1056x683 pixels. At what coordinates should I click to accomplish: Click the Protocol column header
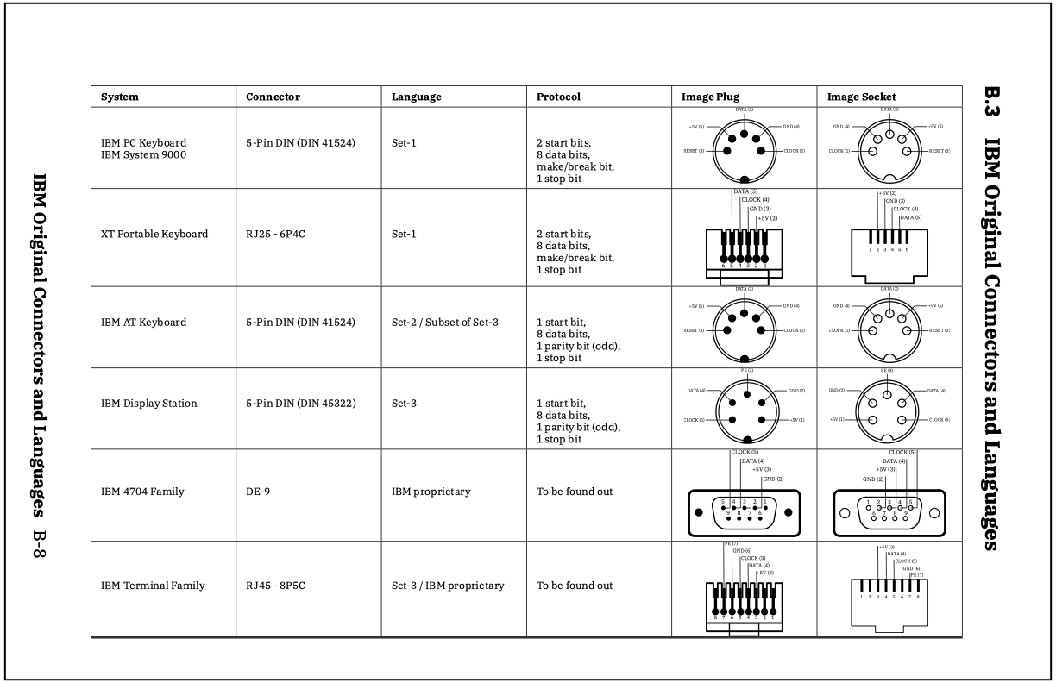[558, 97]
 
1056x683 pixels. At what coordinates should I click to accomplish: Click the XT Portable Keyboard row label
[154, 234]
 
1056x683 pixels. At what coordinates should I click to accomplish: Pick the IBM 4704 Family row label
[142, 492]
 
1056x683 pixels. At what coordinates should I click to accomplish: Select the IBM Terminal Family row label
[153, 586]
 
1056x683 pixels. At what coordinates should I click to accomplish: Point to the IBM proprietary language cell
[431, 492]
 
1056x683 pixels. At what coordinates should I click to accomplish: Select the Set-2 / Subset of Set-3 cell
[445, 323]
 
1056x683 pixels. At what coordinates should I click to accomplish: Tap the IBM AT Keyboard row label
[143, 323]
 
